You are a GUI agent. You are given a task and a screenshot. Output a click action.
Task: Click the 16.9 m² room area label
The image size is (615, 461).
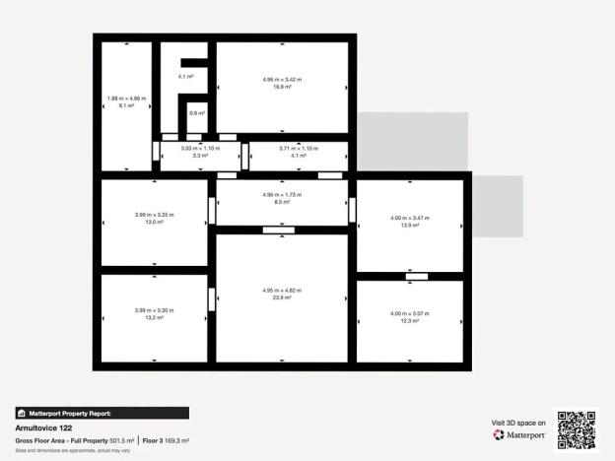coord(282,87)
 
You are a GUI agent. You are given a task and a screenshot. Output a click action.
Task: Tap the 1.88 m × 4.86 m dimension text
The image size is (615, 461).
coord(126,99)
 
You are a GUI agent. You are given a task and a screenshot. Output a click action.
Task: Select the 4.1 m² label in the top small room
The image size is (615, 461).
coord(185,76)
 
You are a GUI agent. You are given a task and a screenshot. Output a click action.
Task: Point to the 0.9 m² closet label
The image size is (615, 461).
coord(196,113)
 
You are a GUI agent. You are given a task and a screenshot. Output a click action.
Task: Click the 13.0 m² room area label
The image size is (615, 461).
coord(155,222)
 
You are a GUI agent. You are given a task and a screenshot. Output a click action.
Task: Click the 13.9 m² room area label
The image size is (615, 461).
coord(410,226)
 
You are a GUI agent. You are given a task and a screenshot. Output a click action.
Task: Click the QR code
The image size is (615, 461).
coord(576,428)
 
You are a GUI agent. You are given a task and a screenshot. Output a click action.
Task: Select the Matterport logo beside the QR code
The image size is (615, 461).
coord(519,434)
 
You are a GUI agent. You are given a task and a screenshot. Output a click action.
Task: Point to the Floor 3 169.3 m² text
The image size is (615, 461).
coord(165,440)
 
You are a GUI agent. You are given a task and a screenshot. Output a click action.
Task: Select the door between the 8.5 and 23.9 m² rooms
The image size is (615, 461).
coord(279,230)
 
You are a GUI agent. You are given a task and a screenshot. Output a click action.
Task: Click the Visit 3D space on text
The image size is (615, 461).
coord(518,423)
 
